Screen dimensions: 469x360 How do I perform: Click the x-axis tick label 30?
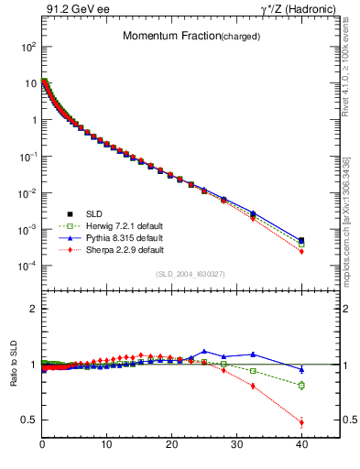(236, 445)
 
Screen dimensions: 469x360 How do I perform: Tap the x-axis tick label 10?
(107, 445)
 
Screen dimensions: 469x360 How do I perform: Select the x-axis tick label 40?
(301, 445)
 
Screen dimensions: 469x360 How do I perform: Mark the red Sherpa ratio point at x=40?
(301, 422)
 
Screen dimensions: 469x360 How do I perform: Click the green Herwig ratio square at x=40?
(301, 385)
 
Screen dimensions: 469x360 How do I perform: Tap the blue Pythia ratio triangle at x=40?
(301, 369)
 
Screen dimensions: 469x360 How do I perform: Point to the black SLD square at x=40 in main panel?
(301, 240)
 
